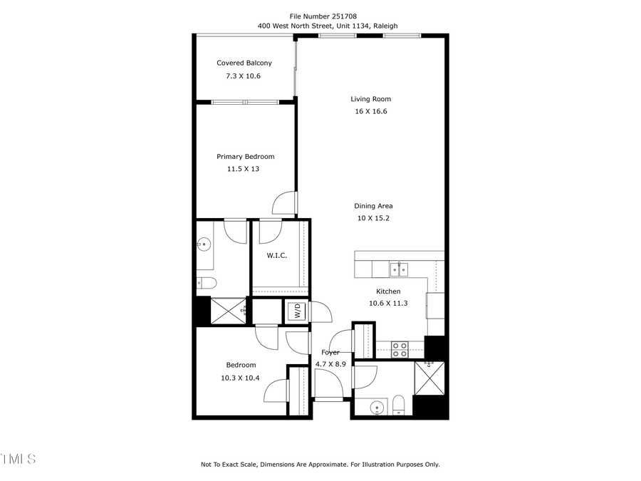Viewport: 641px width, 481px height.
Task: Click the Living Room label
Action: [x=370, y=99]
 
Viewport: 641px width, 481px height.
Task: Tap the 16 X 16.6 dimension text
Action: [x=370, y=111]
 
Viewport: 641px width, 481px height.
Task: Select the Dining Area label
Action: [x=373, y=206]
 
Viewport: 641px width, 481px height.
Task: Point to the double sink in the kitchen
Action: [x=398, y=269]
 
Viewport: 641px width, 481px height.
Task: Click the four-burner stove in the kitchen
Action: [x=400, y=350]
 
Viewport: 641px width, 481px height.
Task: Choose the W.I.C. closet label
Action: [x=277, y=255]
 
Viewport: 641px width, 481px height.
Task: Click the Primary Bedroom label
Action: [x=245, y=157]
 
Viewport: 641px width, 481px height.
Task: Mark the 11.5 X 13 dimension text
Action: [x=243, y=169]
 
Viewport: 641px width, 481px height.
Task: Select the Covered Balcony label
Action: [x=244, y=63]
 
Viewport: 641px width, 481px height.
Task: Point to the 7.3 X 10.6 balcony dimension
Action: [x=244, y=76]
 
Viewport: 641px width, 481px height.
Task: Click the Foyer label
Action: [x=330, y=352]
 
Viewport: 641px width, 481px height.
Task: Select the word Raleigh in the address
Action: [x=383, y=26]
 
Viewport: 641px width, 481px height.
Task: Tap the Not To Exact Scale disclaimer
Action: [x=320, y=465]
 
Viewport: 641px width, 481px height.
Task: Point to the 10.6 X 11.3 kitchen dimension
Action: [x=388, y=303]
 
